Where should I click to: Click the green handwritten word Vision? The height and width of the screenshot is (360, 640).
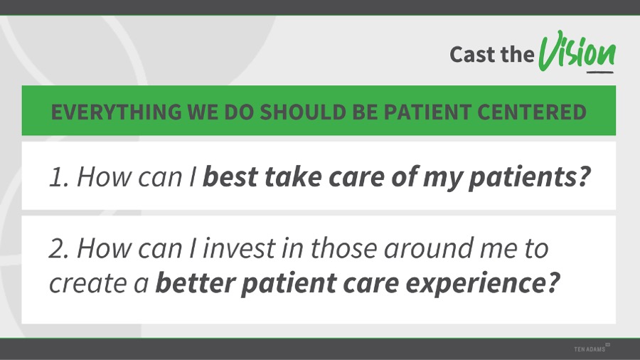577,51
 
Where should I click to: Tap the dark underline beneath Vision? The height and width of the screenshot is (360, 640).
600,73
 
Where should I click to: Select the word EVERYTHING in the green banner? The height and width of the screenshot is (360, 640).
117,112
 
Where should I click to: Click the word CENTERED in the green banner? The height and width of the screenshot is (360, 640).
532,112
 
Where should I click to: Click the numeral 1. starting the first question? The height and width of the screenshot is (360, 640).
60,178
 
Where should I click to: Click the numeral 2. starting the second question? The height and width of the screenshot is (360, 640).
60,248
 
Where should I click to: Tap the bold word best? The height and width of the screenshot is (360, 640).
230,176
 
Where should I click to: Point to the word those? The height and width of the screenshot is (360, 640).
343,248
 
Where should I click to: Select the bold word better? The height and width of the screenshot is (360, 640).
196,283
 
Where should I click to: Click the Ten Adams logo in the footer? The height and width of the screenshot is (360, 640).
592,348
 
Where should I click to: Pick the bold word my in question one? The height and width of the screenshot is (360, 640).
442,179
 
